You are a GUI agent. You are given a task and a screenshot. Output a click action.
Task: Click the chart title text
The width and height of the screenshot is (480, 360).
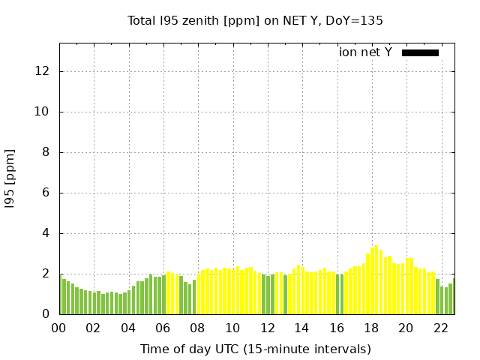point(255,21)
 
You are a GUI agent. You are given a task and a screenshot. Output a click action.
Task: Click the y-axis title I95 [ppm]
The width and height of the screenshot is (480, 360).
point(10,179)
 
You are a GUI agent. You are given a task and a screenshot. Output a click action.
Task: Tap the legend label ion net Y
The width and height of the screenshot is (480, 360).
point(365,52)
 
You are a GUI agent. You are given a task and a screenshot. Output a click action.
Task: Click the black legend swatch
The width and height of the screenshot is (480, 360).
point(420,52)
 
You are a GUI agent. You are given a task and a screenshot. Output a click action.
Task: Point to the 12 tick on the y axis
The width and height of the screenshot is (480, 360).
point(42,71)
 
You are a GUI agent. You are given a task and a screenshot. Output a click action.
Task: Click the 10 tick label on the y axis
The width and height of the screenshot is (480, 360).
point(42,112)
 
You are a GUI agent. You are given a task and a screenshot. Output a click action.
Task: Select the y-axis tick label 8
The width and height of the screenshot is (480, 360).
point(46,152)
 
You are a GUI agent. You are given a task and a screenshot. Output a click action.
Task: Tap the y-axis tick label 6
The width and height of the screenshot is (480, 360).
point(46,193)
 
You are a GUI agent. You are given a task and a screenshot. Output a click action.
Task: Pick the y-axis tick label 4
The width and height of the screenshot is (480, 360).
point(46,233)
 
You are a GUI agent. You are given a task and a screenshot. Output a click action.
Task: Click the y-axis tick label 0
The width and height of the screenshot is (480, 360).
point(46,314)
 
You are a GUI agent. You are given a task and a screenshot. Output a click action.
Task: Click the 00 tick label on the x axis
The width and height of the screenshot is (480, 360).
point(58,328)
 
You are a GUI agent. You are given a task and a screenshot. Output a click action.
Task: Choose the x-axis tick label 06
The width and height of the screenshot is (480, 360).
point(163,328)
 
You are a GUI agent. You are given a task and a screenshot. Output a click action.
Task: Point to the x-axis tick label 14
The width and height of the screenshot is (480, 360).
point(301,328)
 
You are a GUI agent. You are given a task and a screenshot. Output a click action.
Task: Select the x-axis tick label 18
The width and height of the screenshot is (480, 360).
point(371,328)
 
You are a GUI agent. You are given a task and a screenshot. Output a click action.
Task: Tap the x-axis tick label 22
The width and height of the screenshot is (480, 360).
point(441,328)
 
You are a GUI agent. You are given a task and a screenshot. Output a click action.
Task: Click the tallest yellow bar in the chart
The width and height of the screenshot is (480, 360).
point(376,280)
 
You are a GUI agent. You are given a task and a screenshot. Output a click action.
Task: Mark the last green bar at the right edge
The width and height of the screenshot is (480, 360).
point(454,296)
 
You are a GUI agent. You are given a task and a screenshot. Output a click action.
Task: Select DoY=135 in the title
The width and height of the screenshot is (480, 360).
point(354,21)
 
